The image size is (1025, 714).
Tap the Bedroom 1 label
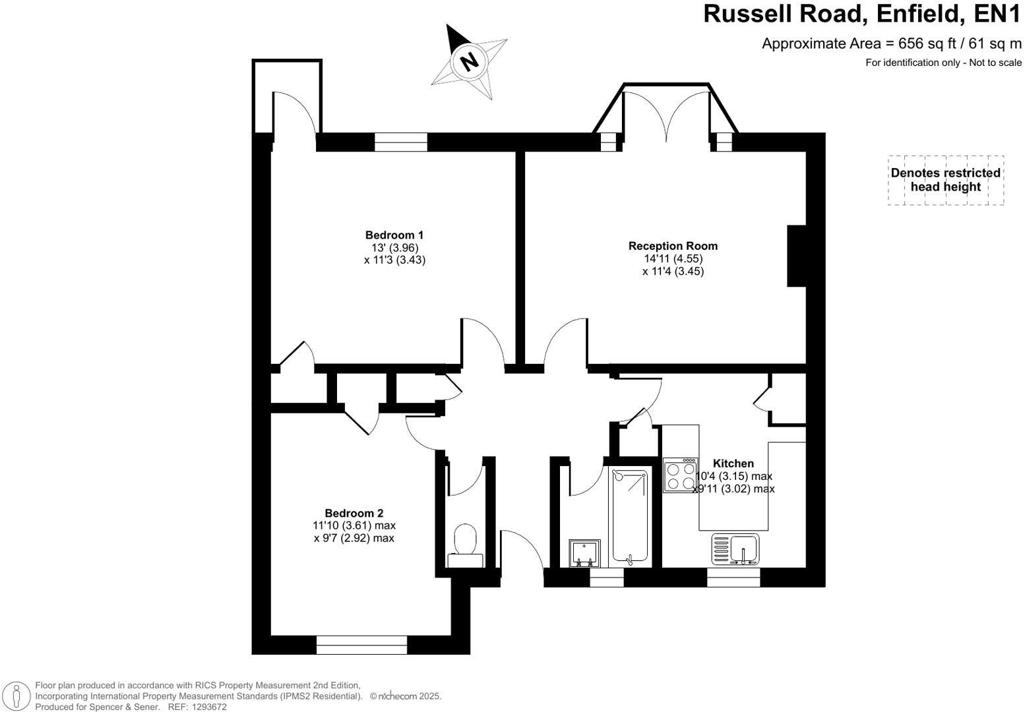click(x=394, y=235)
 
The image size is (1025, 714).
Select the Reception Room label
click(x=673, y=246)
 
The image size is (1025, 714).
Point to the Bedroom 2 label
click(x=354, y=513)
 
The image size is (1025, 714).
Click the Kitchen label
click(x=733, y=463)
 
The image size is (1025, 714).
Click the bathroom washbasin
click(x=584, y=553)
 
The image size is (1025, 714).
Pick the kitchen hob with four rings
click(x=680, y=475)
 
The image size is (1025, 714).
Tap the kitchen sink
click(x=736, y=549)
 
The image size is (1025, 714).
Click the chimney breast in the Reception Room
click(x=797, y=256)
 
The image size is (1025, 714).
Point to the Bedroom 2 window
click(x=361, y=645)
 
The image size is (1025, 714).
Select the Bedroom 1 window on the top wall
click(x=401, y=142)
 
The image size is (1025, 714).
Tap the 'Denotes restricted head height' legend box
click(x=945, y=180)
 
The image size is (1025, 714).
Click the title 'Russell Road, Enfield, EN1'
click(x=862, y=15)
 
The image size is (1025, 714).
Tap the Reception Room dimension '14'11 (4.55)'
click(x=673, y=258)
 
